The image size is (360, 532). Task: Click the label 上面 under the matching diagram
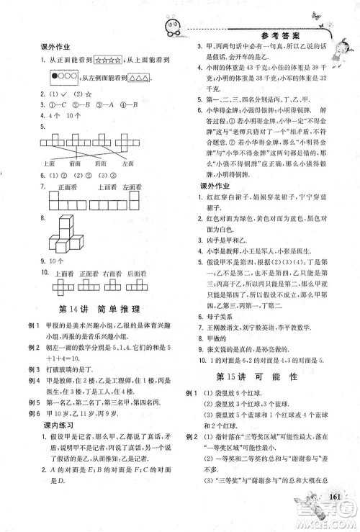click(x=50, y=164)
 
